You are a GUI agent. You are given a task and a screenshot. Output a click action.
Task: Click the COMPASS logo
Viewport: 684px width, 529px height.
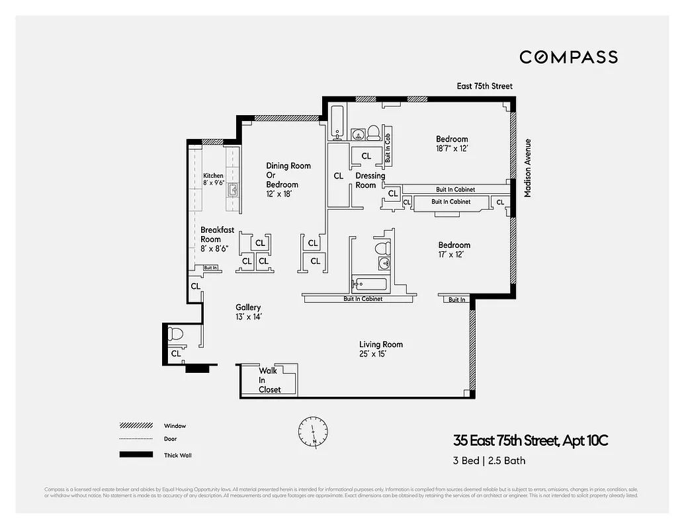pos(568,57)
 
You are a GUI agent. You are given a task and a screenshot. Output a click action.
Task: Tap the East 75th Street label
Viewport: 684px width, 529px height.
pos(484,86)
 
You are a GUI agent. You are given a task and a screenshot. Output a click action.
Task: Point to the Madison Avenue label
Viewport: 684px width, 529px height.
pos(527,168)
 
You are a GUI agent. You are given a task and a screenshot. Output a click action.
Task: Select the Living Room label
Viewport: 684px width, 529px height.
pos(380,345)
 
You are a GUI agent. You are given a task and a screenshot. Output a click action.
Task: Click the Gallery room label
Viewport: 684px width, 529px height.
pos(248,307)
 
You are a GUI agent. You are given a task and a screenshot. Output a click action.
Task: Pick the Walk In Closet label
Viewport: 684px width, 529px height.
pos(269,380)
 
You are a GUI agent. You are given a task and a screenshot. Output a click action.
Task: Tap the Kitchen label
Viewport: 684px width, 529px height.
pos(213,176)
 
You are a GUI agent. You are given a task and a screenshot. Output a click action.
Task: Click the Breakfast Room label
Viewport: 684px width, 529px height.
pos(217,235)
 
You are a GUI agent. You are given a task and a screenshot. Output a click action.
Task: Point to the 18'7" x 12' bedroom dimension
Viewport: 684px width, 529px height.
pos(452,149)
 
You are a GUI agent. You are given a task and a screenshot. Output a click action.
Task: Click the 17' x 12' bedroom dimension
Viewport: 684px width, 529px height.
pos(454,255)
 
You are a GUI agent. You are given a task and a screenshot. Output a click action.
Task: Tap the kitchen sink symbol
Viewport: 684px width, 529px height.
pos(233,190)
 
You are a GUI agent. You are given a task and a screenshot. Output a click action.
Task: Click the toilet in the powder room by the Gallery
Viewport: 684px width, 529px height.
pos(176,333)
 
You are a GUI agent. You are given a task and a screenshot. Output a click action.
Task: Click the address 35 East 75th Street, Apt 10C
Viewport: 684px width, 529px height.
pos(530,441)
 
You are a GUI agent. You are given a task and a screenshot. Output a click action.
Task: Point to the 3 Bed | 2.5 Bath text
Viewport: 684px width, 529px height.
pos(489,460)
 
